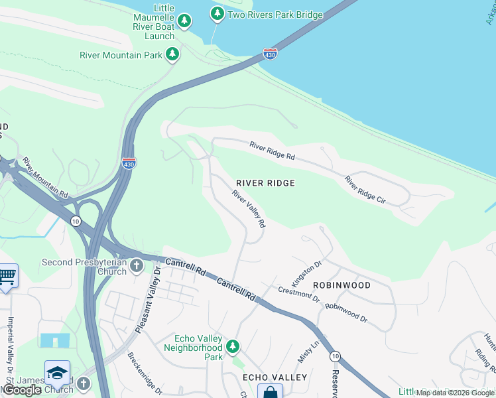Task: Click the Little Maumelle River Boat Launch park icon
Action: tap(185, 22)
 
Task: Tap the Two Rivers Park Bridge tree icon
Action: tap(217, 13)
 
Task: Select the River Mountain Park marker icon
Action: tap(172, 54)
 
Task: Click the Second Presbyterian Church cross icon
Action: tap(137, 267)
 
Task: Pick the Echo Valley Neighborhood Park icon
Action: tap(232, 346)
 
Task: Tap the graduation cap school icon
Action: tap(57, 372)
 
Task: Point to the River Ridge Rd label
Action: tap(272, 151)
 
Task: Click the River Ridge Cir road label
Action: tap(365, 190)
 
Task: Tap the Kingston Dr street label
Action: tap(307, 273)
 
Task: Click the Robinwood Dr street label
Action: tap(347, 314)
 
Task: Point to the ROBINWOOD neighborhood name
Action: tap(341, 285)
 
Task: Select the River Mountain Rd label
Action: tap(45, 178)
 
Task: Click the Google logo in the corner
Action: tap(22, 390)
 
